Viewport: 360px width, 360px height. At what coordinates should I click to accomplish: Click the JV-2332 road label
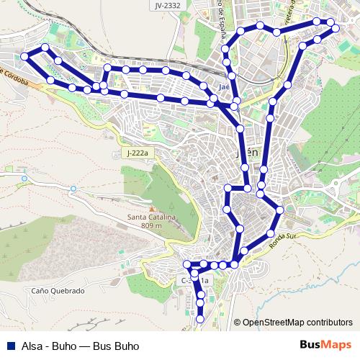click(x=167, y=5)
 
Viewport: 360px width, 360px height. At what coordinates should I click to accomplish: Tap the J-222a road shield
click(x=136, y=153)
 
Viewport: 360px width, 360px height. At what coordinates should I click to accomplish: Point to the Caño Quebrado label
click(x=58, y=291)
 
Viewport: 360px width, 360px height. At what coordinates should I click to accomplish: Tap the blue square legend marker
click(x=9, y=346)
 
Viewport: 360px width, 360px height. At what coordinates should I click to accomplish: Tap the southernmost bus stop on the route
click(x=200, y=318)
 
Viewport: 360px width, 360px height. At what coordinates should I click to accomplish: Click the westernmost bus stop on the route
click(x=24, y=55)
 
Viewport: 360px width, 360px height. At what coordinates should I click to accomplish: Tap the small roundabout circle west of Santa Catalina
click(x=73, y=189)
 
